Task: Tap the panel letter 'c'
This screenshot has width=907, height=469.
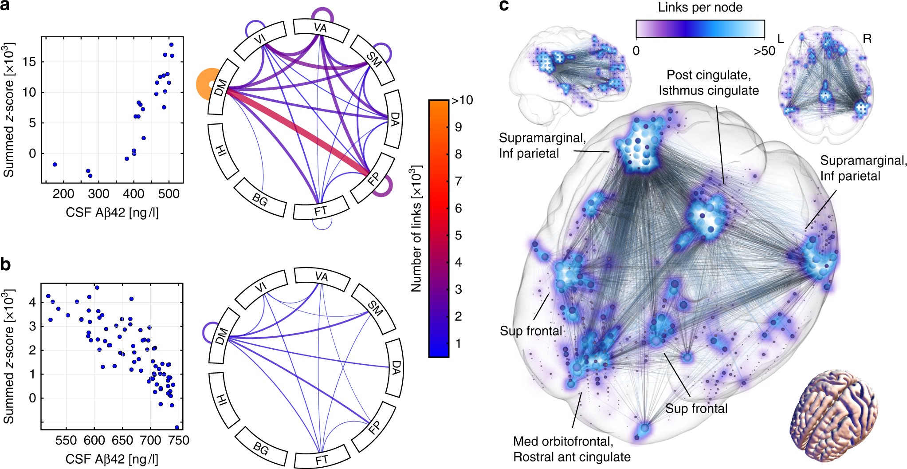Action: pyautogui.click(x=504, y=6)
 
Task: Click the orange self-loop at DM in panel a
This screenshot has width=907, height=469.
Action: pyautogui.click(x=205, y=84)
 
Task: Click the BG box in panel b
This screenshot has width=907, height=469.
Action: pyautogui.click(x=261, y=449)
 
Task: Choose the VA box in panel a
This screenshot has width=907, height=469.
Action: pyautogui.click(x=320, y=28)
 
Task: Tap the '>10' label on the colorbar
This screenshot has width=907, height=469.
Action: pyautogui.click(x=462, y=101)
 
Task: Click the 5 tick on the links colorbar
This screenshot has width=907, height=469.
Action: pyautogui.click(x=458, y=235)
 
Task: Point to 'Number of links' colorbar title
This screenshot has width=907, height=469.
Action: pyautogui.click(x=416, y=229)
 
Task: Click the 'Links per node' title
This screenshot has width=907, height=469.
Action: pyautogui.click(x=700, y=8)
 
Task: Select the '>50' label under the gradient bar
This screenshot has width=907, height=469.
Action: pyautogui.click(x=764, y=51)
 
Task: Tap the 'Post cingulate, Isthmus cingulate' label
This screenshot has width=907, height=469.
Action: pyautogui.click(x=708, y=83)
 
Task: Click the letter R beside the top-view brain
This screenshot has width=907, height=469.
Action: pyautogui.click(x=867, y=39)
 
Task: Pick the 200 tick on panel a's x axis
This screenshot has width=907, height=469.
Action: pyautogui.click(x=63, y=194)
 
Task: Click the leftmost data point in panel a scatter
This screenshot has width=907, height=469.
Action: pyautogui.click(x=55, y=164)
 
